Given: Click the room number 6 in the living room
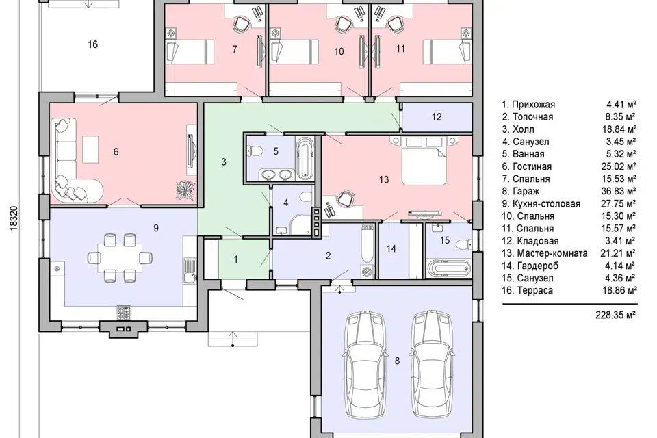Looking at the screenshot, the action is (116, 151).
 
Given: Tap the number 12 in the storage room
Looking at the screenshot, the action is (437, 117).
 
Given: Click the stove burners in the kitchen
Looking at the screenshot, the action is (124, 312).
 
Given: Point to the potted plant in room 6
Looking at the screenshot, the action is (185, 189).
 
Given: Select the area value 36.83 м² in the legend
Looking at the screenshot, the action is (619, 191).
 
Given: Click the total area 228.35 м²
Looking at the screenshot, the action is (615, 315).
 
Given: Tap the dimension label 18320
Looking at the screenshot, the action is (14, 218).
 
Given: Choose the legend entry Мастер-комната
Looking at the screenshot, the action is (552, 253).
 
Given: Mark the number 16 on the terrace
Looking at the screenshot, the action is (92, 44).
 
